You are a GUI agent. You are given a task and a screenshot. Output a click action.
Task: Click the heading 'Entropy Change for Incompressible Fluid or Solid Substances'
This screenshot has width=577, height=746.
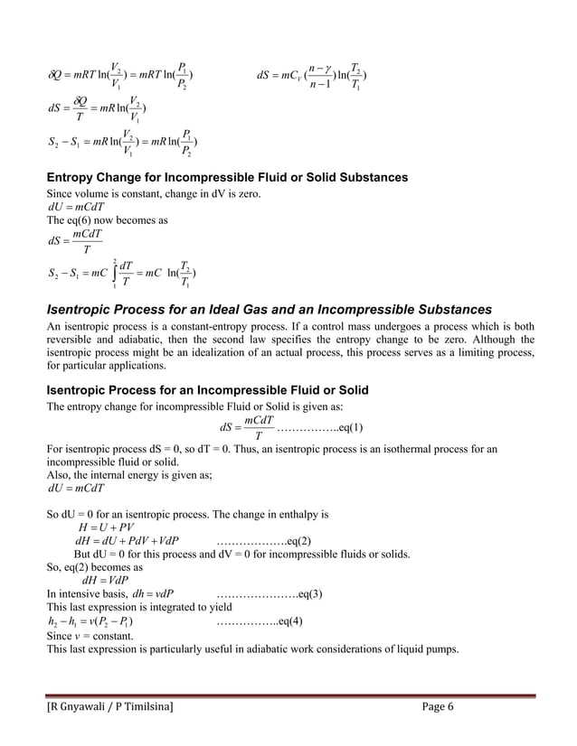pos(227,177)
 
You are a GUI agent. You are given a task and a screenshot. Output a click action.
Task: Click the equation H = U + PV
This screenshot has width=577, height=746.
pos(107,527)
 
